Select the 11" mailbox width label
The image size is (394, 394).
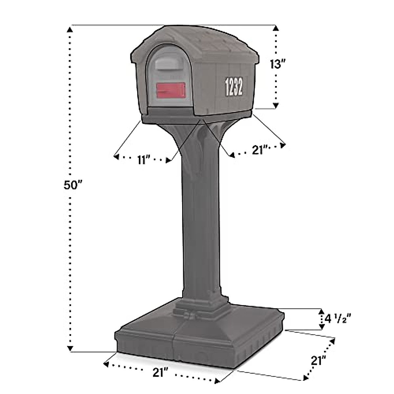[143, 160]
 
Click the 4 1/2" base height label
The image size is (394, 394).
[338, 319]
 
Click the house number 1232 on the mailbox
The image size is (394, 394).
[234, 87]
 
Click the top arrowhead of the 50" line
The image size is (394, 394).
[70, 30]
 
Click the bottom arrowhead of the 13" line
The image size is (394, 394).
[276, 105]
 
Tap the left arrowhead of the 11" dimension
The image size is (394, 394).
[116, 157]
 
